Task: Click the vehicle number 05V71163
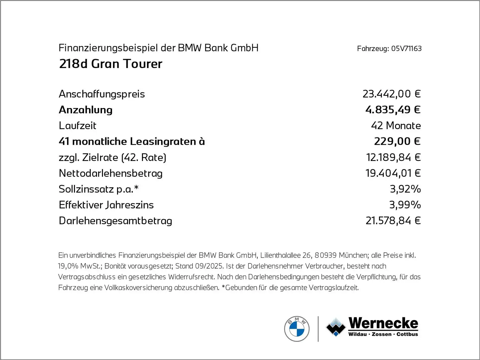click(406, 49)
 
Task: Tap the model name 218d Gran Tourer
click(111, 64)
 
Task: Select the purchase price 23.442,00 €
click(391, 94)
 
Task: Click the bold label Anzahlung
click(86, 110)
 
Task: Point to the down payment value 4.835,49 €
click(393, 110)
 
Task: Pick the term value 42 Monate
click(396, 126)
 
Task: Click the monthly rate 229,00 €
click(397, 141)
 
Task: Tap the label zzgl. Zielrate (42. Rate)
click(112, 157)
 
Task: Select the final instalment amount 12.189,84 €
click(393, 157)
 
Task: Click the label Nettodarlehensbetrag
click(111, 173)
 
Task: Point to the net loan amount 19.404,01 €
click(393, 173)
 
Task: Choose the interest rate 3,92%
click(405, 189)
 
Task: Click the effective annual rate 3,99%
click(405, 205)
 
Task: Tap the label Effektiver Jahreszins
click(106, 205)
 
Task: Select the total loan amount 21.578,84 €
click(393, 221)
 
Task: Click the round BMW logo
click(297, 329)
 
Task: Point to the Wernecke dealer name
click(383, 323)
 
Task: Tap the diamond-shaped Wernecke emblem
click(336, 327)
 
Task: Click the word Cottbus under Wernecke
click(407, 334)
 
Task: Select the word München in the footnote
click(353, 255)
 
